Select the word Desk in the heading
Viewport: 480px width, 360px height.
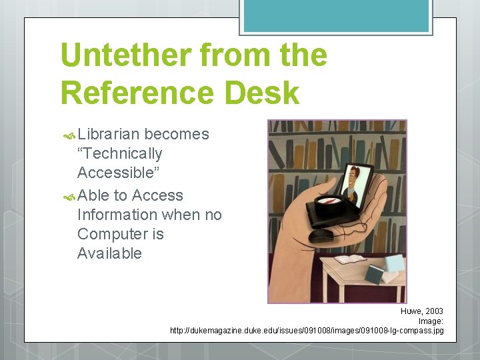pyautogui.click(x=262, y=93)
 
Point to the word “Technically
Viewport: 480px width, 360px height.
pyautogui.click(x=120, y=153)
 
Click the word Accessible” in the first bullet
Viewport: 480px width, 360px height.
pyautogui.click(x=115, y=173)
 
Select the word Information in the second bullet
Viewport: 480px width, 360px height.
pyautogui.click(x=118, y=215)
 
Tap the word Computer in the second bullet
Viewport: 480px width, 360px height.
pyautogui.click(x=111, y=234)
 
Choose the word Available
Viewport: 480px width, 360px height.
pyautogui.click(x=109, y=253)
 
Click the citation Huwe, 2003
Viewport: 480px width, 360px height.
pyautogui.click(x=421, y=311)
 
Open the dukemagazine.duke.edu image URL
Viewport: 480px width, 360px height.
pyautogui.click(x=307, y=331)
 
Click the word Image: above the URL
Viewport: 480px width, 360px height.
pyautogui.click(x=431, y=321)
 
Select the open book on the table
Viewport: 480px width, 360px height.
pyautogui.click(x=350, y=258)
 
